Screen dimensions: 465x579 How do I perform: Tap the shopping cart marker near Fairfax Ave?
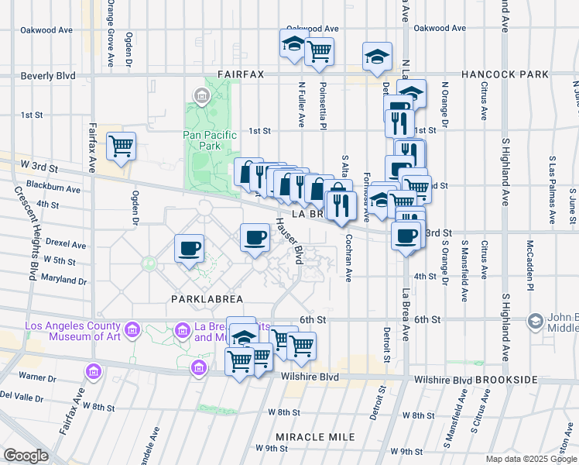pos(120,146)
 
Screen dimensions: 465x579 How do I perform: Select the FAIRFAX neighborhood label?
pos(241,74)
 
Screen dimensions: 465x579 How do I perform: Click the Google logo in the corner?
pos(26,456)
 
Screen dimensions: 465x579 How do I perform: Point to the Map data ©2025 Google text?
pos(531,459)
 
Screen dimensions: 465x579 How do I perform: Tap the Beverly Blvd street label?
pos(48,76)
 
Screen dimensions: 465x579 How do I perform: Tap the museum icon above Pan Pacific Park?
pos(202,97)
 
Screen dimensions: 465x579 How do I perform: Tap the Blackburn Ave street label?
pos(53,188)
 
